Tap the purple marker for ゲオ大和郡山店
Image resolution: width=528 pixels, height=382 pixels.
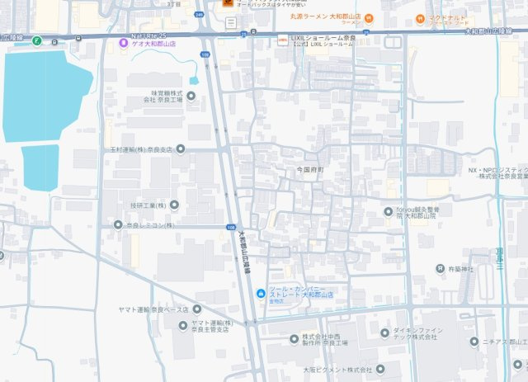click(124, 44)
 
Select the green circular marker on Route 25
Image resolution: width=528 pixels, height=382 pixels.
click(36, 40)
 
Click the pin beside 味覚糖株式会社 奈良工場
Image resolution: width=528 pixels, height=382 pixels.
click(191, 96)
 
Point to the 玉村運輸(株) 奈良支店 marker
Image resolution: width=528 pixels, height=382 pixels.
click(181, 149)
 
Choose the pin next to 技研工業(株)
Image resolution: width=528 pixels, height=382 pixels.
click(174, 204)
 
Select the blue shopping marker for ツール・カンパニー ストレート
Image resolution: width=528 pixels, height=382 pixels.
click(261, 294)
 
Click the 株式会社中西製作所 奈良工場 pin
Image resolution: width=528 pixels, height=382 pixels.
click(295, 338)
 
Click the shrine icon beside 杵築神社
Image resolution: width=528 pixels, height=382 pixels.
click(441, 269)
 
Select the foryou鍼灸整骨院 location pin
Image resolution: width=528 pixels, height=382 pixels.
click(389, 211)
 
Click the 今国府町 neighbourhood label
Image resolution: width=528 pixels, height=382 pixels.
click(311, 168)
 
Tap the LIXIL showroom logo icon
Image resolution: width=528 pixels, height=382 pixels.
click(282, 38)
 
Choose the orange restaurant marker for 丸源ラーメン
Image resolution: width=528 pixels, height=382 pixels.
click(369, 17)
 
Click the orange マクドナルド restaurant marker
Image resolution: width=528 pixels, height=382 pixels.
click(422, 17)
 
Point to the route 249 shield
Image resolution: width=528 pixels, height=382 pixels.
click(200, 14)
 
